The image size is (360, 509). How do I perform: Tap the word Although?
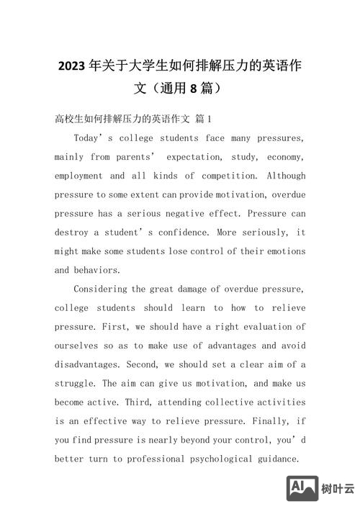286,176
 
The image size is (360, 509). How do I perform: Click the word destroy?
71,233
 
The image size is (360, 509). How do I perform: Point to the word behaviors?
98,270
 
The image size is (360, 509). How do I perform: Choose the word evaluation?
268,327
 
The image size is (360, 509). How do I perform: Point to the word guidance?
275,459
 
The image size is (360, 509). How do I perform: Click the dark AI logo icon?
302,488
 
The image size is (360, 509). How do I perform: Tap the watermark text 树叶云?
338,489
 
